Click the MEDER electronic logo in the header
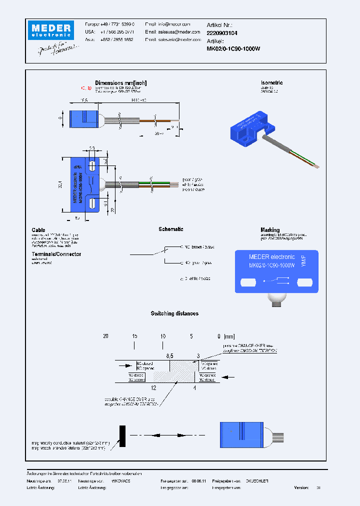pyautogui.click(x=50, y=30)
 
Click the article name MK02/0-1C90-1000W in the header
pyautogui.click(x=233, y=48)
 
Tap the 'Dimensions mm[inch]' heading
pyautogui.click(x=120, y=83)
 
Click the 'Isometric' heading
pyautogui.click(x=271, y=82)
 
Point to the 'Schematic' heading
pyautogui.click(x=170, y=229)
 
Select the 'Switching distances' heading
pyautogui.click(x=174, y=313)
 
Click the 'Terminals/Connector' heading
pyautogui.click(x=56, y=254)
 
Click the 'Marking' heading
pyautogui.click(x=270, y=230)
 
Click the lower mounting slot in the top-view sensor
pyautogui.click(x=92, y=203)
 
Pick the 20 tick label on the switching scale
pyautogui.click(x=105, y=336)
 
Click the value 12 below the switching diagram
pyautogui.click(x=153, y=387)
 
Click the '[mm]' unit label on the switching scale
pyautogui.click(x=229, y=336)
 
